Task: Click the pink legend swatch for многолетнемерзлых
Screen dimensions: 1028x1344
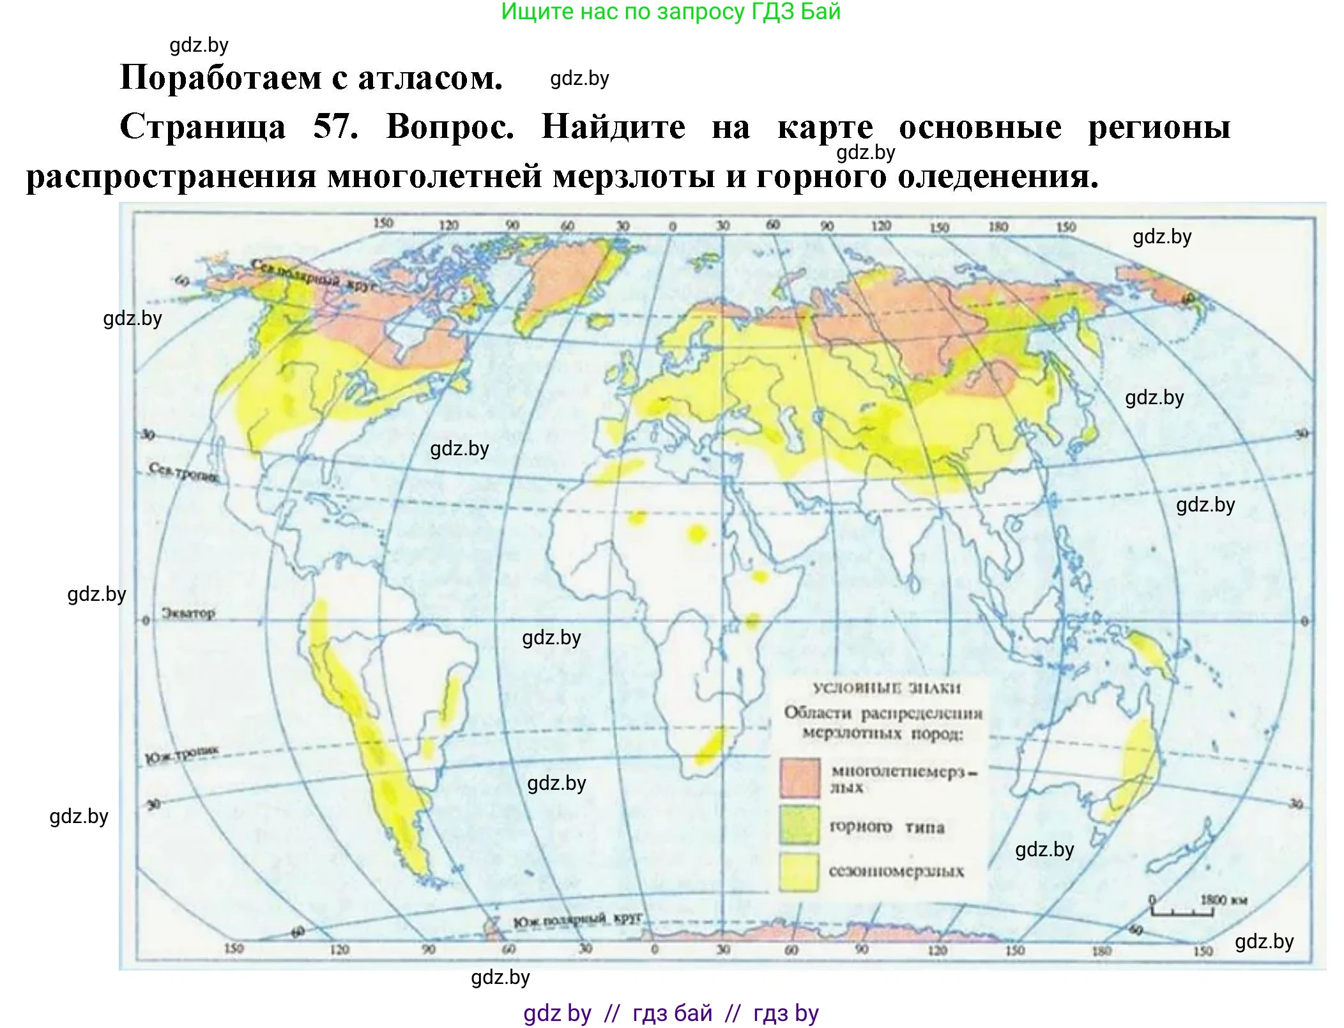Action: click(x=799, y=778)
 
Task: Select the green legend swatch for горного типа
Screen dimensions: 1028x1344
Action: click(x=799, y=824)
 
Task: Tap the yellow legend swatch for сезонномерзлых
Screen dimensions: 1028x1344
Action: click(x=798, y=870)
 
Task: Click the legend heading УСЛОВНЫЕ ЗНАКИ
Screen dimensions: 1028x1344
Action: click(x=886, y=688)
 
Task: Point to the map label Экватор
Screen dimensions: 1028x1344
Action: click(x=188, y=613)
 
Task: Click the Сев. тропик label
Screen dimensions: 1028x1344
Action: click(x=183, y=472)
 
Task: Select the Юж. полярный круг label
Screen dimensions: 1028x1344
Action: click(x=577, y=920)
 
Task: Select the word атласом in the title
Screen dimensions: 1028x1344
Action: click(x=430, y=78)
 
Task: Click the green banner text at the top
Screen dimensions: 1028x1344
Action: click(x=671, y=11)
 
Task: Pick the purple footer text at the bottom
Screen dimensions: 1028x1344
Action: click(x=671, y=1013)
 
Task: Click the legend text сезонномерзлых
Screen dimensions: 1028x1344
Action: click(x=896, y=871)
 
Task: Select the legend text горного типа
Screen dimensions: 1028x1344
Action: click(x=886, y=827)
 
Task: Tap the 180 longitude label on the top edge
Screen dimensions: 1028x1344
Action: click(x=998, y=226)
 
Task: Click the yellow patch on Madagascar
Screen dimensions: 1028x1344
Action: click(x=709, y=747)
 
